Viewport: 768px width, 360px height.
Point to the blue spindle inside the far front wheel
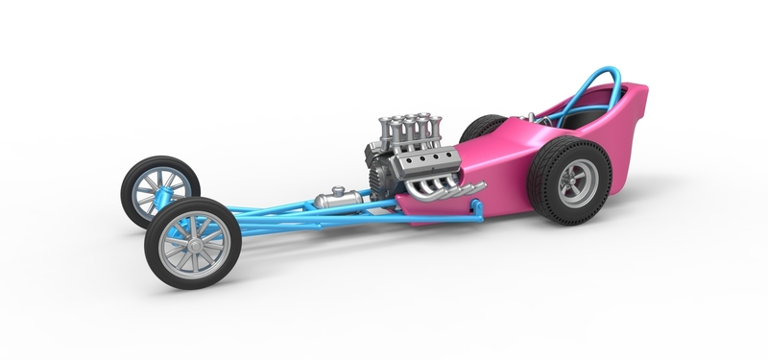pyautogui.click(x=163, y=198)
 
